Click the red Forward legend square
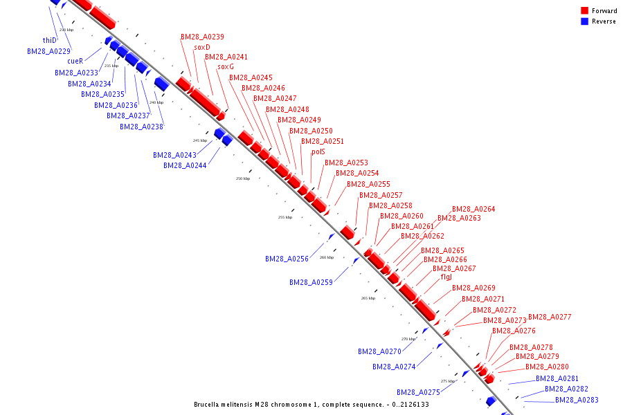(x=584, y=10)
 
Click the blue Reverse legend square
(x=584, y=21)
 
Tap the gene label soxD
(x=202, y=47)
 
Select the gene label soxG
(x=226, y=67)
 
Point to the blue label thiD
(x=49, y=40)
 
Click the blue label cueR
(x=75, y=61)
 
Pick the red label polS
(x=318, y=151)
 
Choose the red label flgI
(x=446, y=277)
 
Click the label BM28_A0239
(x=202, y=37)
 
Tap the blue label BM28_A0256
(x=287, y=259)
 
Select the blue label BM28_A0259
(x=311, y=282)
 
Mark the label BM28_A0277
(x=550, y=317)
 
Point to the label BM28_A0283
(x=577, y=400)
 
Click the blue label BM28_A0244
(x=185, y=165)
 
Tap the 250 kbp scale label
(x=243, y=178)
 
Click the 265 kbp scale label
(x=368, y=298)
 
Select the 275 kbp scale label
(x=448, y=381)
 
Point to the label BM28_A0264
(x=473, y=209)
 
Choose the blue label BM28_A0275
(x=418, y=392)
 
